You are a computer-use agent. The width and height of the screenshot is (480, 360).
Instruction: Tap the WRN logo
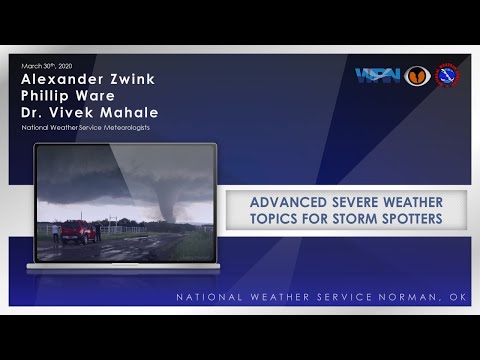(377, 76)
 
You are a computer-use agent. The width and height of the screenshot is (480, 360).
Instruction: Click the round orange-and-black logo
(418, 76)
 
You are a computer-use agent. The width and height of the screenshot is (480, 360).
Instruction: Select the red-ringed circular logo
(447, 76)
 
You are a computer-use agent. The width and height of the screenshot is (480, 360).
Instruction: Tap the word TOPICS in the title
(279, 220)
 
